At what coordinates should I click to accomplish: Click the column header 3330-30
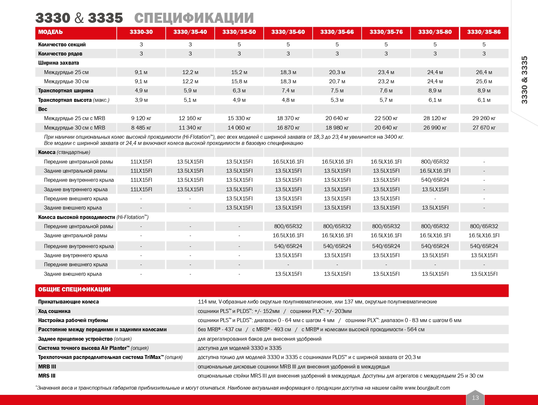(141, 32)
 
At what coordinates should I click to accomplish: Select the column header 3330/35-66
(337, 32)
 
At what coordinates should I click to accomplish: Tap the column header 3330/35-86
(484, 32)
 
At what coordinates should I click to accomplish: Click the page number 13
(475, 397)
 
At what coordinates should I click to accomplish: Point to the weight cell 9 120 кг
(141, 118)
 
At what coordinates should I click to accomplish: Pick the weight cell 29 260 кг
(484, 118)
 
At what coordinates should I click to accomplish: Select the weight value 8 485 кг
(141, 128)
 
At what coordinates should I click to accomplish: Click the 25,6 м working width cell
(484, 82)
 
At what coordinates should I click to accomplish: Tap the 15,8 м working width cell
(239, 82)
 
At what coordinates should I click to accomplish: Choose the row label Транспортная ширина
(66, 91)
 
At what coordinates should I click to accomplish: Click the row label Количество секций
(62, 45)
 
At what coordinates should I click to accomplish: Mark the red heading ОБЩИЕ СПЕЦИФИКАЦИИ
(74, 289)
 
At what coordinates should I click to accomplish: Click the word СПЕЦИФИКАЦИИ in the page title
(194, 18)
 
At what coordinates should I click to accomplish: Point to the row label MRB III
(47, 367)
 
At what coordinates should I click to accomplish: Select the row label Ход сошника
(54, 311)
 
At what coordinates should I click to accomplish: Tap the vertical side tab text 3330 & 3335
(525, 80)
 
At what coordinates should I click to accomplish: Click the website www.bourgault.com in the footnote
(427, 388)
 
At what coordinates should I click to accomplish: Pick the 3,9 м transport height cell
(141, 100)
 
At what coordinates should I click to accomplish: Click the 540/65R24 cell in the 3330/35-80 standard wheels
(435, 180)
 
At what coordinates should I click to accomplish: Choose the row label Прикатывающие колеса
(68, 302)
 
